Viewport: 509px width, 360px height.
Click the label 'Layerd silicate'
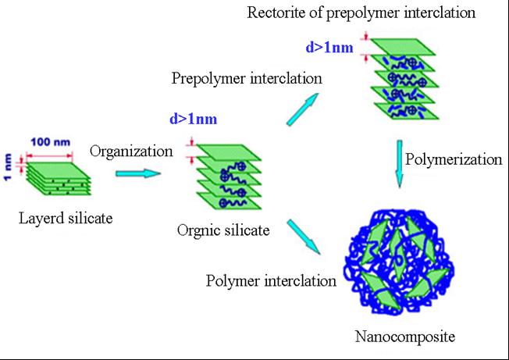(66, 218)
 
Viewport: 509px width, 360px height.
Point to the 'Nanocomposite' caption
(404, 337)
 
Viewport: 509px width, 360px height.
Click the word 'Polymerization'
(454, 159)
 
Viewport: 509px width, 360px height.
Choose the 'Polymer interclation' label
(272, 280)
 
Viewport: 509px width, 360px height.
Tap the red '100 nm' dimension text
(51, 143)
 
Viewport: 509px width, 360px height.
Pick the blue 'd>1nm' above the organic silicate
(191, 119)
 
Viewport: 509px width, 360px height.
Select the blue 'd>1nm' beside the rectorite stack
(327, 48)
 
